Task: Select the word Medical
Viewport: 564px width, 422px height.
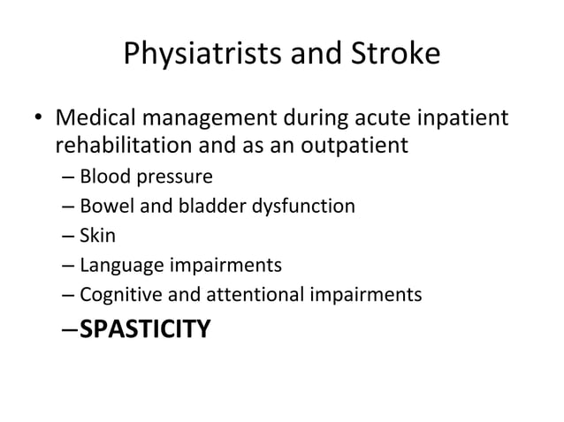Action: [x=95, y=117]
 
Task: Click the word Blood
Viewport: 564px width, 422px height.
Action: [x=102, y=176]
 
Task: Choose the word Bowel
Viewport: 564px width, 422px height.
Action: [x=103, y=207]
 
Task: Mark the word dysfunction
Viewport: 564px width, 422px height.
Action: [x=301, y=207]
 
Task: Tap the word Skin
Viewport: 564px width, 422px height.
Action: [x=96, y=236]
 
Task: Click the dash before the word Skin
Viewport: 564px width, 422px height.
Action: [x=69, y=237]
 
